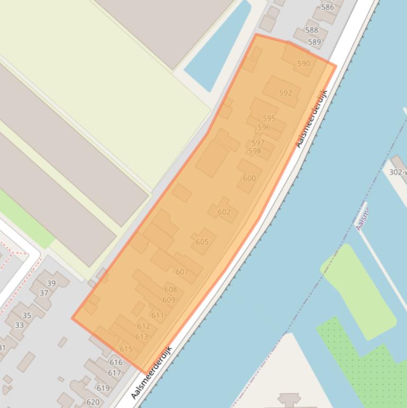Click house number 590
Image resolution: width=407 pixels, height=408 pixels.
point(303,64)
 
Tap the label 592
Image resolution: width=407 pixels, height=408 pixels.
point(285,93)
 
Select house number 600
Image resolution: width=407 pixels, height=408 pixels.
point(249,178)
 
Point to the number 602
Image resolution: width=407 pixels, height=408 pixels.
point(224,212)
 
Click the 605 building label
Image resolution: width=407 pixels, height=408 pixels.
point(202,242)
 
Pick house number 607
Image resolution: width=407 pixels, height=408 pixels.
point(182,272)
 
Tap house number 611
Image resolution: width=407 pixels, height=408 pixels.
point(158,315)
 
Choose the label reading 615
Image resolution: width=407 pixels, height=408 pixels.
point(126,349)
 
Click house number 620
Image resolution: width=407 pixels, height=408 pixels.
point(93,402)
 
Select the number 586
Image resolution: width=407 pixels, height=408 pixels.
point(328,7)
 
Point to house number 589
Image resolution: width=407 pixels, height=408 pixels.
point(314,42)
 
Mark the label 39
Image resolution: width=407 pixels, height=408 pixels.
point(51,283)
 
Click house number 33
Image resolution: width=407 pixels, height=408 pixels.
point(20,325)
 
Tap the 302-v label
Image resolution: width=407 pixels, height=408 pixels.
point(397,172)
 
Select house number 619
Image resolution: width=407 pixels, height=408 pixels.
point(103,388)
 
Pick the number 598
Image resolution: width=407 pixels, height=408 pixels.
point(255,151)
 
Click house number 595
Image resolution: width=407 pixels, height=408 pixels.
point(269,119)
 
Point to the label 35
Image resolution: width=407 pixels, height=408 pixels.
point(26,315)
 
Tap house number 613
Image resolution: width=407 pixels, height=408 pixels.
point(142,336)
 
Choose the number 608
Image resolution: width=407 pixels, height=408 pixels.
point(170,289)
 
